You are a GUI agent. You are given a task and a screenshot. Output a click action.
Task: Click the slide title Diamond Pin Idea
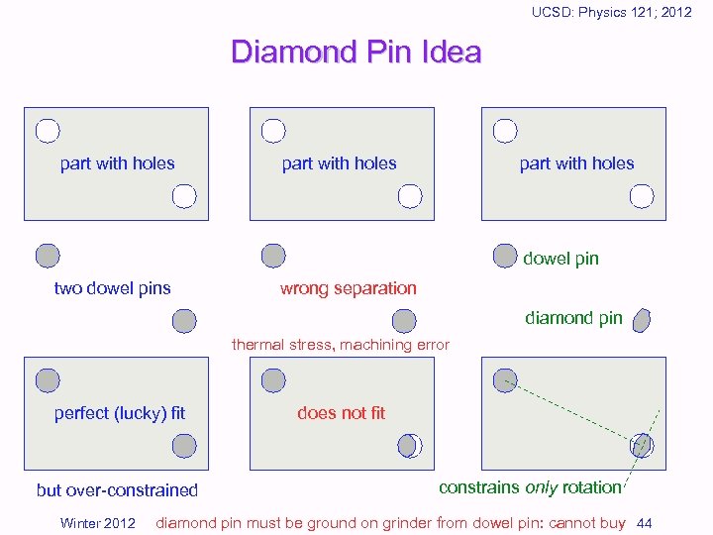tap(356, 52)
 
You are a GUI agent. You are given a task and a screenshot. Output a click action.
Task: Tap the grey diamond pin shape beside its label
tap(642, 320)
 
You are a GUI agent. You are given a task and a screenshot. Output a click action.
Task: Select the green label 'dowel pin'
tap(560, 259)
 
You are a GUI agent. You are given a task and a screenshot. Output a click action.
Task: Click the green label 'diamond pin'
tap(573, 318)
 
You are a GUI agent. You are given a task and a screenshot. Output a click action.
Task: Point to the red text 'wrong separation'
tap(348, 288)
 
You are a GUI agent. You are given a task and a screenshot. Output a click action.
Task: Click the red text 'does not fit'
tap(341, 412)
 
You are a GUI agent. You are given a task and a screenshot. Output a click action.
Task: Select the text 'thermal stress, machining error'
tap(340, 345)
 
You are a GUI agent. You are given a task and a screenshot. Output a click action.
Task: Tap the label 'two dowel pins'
tap(112, 288)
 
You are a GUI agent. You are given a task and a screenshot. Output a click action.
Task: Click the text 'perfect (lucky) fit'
tap(119, 412)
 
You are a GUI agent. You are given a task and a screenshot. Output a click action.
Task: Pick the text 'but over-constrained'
tap(117, 489)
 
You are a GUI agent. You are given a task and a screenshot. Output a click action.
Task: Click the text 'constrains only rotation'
tap(530, 487)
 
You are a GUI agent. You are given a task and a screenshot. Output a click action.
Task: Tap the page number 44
tap(644, 522)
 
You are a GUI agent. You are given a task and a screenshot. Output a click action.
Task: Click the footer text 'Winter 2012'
tap(98, 523)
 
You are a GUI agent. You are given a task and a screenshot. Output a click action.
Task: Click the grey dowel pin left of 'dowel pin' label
tap(505, 256)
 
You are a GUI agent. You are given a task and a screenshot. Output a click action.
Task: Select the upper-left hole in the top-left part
tap(47, 130)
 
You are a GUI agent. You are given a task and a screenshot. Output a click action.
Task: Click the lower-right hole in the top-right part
tap(642, 195)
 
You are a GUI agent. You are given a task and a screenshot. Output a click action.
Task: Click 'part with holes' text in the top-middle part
tap(339, 163)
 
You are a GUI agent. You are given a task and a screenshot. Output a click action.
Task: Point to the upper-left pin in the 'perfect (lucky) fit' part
tap(47, 379)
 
